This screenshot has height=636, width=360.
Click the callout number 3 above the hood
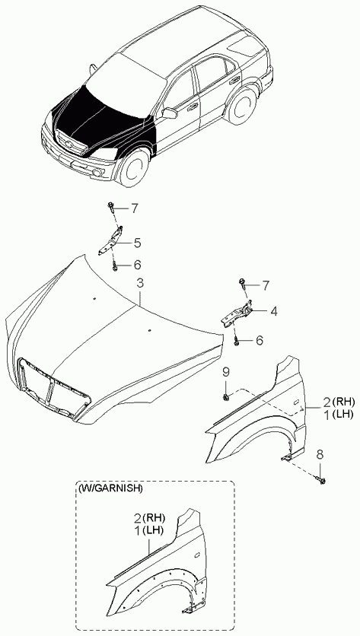click(139, 284)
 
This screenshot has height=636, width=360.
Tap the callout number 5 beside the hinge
click(137, 243)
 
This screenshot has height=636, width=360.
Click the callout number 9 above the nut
click(226, 372)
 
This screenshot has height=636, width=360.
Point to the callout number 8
click(320, 455)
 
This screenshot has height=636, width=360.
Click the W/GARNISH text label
click(110, 488)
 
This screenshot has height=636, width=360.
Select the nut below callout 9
click(226, 396)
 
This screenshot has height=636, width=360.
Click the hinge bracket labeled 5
click(110, 240)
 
